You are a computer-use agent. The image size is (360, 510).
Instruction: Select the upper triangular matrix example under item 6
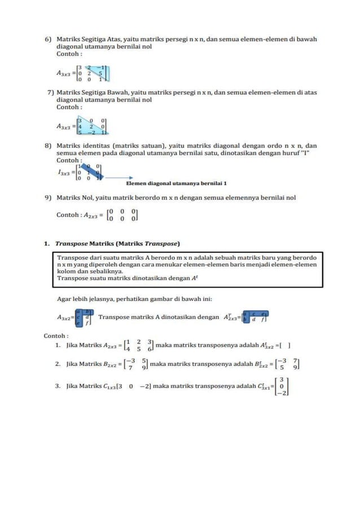[x=93, y=73]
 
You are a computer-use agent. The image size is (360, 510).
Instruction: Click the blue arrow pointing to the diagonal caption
[x=115, y=178]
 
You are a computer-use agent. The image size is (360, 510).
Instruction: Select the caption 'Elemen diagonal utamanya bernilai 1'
[x=176, y=184]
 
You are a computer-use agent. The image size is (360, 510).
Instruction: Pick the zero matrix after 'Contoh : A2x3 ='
[x=122, y=215]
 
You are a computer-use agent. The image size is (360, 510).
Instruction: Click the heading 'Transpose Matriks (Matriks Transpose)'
[x=117, y=244]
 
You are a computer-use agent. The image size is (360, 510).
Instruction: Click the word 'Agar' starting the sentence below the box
[x=64, y=299]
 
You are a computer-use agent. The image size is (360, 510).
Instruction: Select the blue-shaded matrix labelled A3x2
[x=84, y=317]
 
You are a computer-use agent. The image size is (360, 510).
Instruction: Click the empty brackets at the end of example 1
[x=284, y=346]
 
